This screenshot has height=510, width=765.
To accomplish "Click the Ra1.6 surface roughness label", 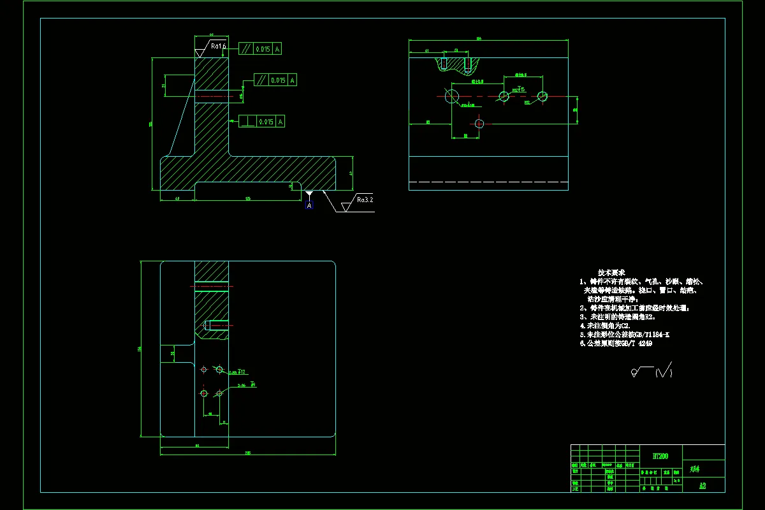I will click(219, 46).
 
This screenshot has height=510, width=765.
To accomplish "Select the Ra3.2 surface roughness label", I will click(365, 200).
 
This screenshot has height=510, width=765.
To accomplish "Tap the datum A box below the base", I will click(309, 205).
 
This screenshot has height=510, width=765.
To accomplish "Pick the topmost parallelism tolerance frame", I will click(259, 48).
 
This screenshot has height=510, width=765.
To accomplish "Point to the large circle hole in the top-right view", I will click(453, 96).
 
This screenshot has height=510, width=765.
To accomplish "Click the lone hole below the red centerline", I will click(479, 123).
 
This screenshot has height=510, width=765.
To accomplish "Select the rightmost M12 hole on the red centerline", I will click(543, 96).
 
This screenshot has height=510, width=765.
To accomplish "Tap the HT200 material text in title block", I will click(661, 456).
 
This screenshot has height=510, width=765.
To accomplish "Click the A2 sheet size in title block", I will click(703, 486).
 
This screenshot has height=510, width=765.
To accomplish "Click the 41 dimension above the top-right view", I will click(426, 50).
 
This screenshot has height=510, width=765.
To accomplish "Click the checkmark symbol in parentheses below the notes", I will click(664, 371).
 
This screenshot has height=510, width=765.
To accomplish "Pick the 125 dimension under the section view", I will click(247, 200).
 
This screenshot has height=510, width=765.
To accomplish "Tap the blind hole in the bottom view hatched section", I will click(215, 326).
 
